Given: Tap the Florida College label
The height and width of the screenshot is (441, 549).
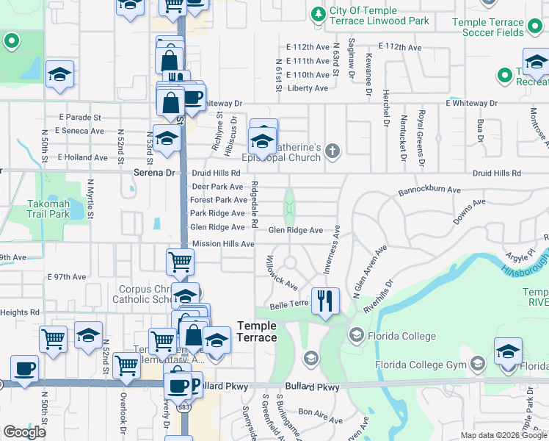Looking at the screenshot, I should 401,336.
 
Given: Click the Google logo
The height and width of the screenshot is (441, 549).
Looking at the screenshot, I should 24,432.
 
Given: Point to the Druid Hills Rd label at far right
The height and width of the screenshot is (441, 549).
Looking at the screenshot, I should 496,173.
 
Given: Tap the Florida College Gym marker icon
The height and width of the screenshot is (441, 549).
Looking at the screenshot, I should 478,364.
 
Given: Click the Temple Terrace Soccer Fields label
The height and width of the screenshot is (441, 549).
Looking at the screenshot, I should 488,28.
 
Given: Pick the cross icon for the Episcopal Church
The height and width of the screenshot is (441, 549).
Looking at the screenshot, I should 332,151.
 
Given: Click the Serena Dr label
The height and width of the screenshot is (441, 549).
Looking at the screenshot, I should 156,173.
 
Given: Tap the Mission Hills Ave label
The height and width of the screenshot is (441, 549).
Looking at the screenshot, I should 222,243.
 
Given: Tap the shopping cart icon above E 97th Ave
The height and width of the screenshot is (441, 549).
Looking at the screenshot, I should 180,260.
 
